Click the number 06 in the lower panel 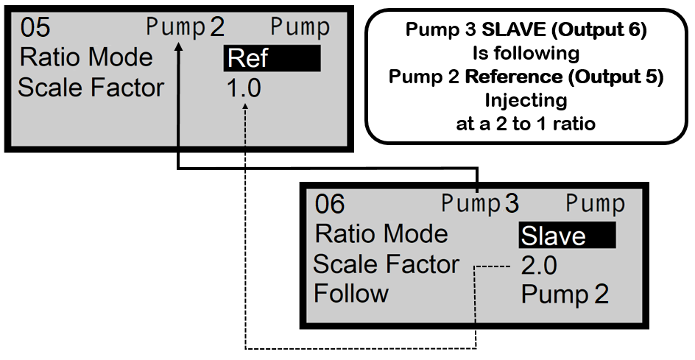point(330,204)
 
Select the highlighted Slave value point(565,236)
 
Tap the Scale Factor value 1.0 point(243,88)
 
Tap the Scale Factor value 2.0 point(539,265)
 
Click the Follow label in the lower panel point(351,294)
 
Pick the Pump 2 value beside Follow point(565,294)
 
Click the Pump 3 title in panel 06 point(480,204)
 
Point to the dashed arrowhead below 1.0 point(244,107)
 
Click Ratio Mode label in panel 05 point(86,57)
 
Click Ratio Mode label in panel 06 point(381,234)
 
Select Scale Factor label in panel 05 point(91,88)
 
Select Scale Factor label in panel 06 point(386,264)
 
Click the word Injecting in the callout point(526,99)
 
